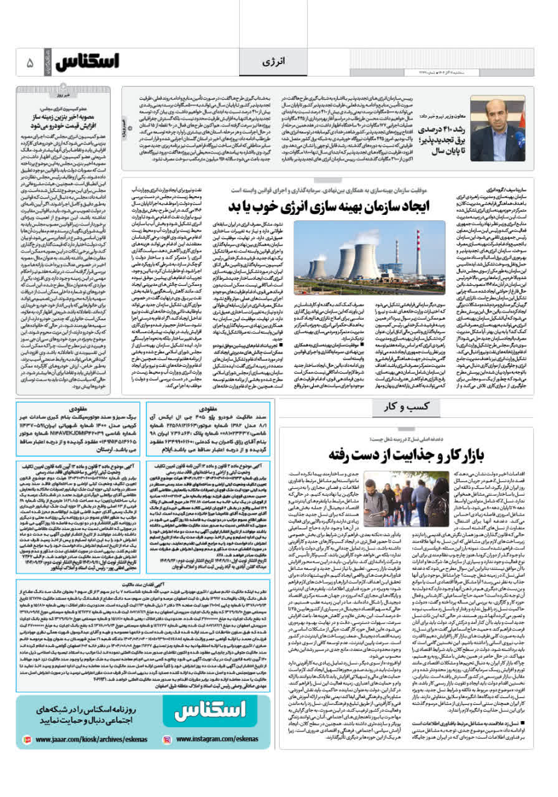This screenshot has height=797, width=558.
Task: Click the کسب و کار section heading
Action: tap(399, 407)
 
